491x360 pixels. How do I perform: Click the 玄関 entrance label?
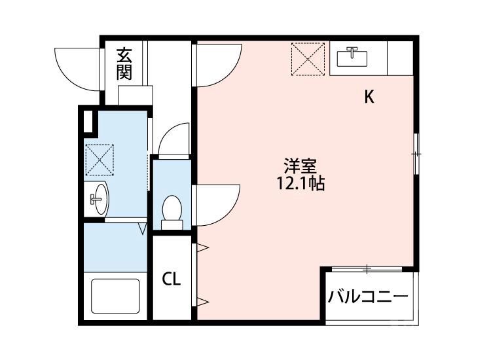[124, 64]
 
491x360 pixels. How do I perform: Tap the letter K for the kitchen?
[369, 98]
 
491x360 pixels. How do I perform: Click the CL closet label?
[172, 279]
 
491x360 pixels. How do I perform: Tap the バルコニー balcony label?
[368, 296]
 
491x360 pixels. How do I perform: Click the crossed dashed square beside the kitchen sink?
[308, 58]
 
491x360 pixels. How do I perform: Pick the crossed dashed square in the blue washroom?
[100, 160]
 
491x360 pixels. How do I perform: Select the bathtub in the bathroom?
[115, 296]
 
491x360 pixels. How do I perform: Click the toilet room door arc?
[173, 139]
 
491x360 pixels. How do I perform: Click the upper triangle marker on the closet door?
[202, 248]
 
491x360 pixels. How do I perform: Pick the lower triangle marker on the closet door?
[202, 302]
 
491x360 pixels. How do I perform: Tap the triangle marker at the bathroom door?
[142, 228]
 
